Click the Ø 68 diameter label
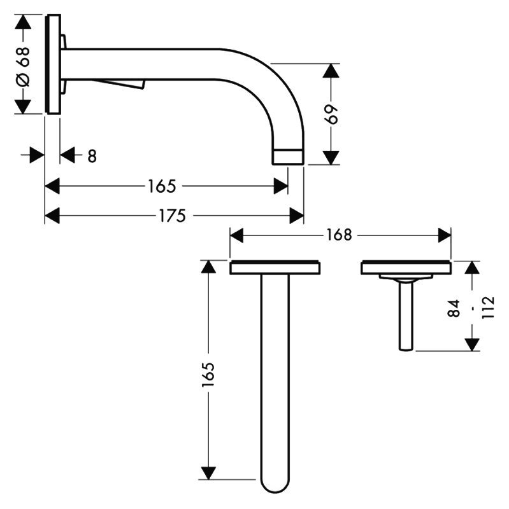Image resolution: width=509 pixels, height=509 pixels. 24,67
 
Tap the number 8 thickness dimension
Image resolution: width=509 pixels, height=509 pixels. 92,156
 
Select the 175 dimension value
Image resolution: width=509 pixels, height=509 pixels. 172,216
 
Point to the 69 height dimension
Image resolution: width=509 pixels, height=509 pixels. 331,115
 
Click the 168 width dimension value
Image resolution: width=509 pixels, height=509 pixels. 339,235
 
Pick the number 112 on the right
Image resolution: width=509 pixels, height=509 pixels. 488,307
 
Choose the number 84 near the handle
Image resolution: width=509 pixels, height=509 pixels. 454,308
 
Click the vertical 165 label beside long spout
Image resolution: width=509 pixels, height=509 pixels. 208,374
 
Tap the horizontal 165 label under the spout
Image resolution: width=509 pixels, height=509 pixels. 162,186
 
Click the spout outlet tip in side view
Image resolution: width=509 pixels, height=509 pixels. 288,157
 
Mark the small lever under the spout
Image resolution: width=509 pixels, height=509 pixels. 120,84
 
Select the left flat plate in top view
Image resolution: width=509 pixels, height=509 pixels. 275,267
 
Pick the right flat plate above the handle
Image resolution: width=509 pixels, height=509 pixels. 406,267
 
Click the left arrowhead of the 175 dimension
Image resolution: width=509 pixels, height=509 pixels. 52,216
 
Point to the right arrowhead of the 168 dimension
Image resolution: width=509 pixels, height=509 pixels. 444,235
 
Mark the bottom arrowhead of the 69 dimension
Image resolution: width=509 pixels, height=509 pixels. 331,158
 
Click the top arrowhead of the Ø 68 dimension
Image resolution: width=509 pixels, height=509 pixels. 23,22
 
